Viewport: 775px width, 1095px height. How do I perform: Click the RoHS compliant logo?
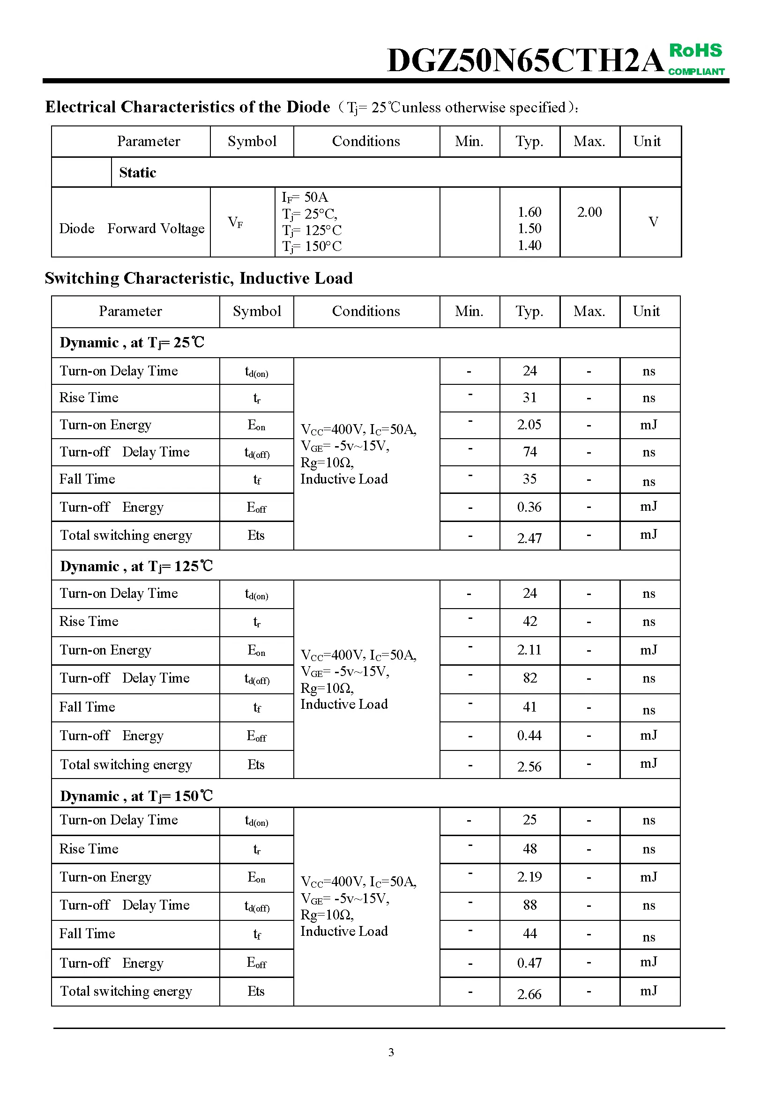[x=696, y=59]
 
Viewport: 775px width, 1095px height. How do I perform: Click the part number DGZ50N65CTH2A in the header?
[x=525, y=60]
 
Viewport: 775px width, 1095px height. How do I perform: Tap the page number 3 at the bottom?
[x=391, y=1052]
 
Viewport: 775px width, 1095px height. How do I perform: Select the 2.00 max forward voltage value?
[x=589, y=212]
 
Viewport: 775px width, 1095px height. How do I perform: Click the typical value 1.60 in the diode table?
[x=529, y=212]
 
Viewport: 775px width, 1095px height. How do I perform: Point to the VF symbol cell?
[x=235, y=222]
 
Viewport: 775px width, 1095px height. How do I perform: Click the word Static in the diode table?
[x=137, y=172]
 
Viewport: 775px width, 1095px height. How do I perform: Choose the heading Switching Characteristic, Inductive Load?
[x=199, y=278]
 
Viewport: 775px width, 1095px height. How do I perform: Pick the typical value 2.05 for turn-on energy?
[x=529, y=425]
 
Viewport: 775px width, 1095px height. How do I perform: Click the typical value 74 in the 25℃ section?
[x=530, y=452]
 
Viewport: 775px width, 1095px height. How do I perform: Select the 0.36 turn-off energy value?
[x=529, y=507]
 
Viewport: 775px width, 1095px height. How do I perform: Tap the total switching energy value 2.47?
[x=529, y=538]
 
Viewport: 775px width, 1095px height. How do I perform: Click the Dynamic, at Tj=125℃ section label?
[x=136, y=566]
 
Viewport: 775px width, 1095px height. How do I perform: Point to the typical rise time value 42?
[x=530, y=621]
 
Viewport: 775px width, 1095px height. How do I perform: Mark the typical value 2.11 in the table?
[x=529, y=650]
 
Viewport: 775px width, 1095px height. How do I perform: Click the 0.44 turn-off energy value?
[x=529, y=735]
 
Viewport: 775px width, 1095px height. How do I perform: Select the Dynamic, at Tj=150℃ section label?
[x=136, y=796]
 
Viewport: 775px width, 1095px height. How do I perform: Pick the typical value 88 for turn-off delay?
[x=530, y=905]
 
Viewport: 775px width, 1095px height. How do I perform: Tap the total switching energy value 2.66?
[x=529, y=994]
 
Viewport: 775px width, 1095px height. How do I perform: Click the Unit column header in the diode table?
[x=647, y=141]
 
